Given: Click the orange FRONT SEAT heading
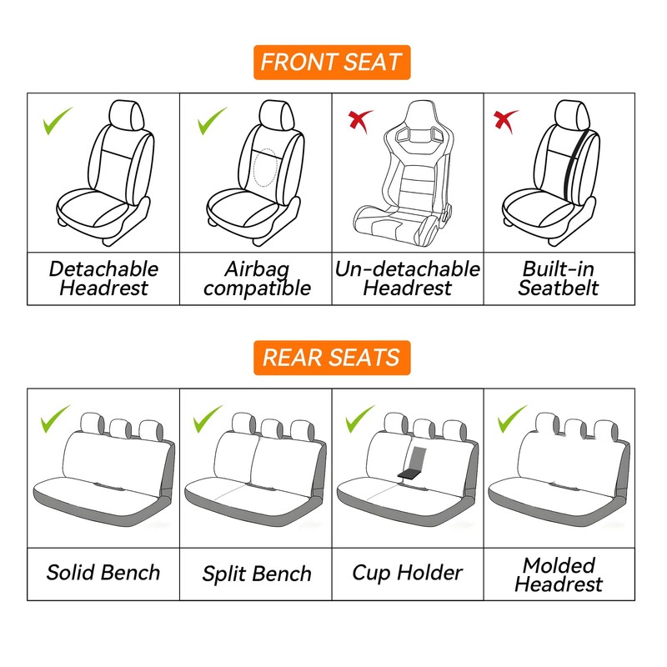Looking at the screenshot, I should (x=332, y=63).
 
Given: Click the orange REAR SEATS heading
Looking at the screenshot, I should (x=332, y=358).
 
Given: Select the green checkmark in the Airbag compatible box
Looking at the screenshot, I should (x=212, y=122).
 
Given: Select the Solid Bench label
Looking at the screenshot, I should (x=103, y=573).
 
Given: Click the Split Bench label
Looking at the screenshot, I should (x=257, y=574).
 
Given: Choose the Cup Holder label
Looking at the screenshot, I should (x=407, y=573).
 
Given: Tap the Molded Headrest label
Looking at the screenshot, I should (x=559, y=574).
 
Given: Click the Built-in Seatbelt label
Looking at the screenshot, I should (x=559, y=278).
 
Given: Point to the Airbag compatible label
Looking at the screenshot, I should (x=257, y=278).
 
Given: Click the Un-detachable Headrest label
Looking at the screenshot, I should (x=408, y=278).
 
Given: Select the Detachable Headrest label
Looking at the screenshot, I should (x=103, y=278).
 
